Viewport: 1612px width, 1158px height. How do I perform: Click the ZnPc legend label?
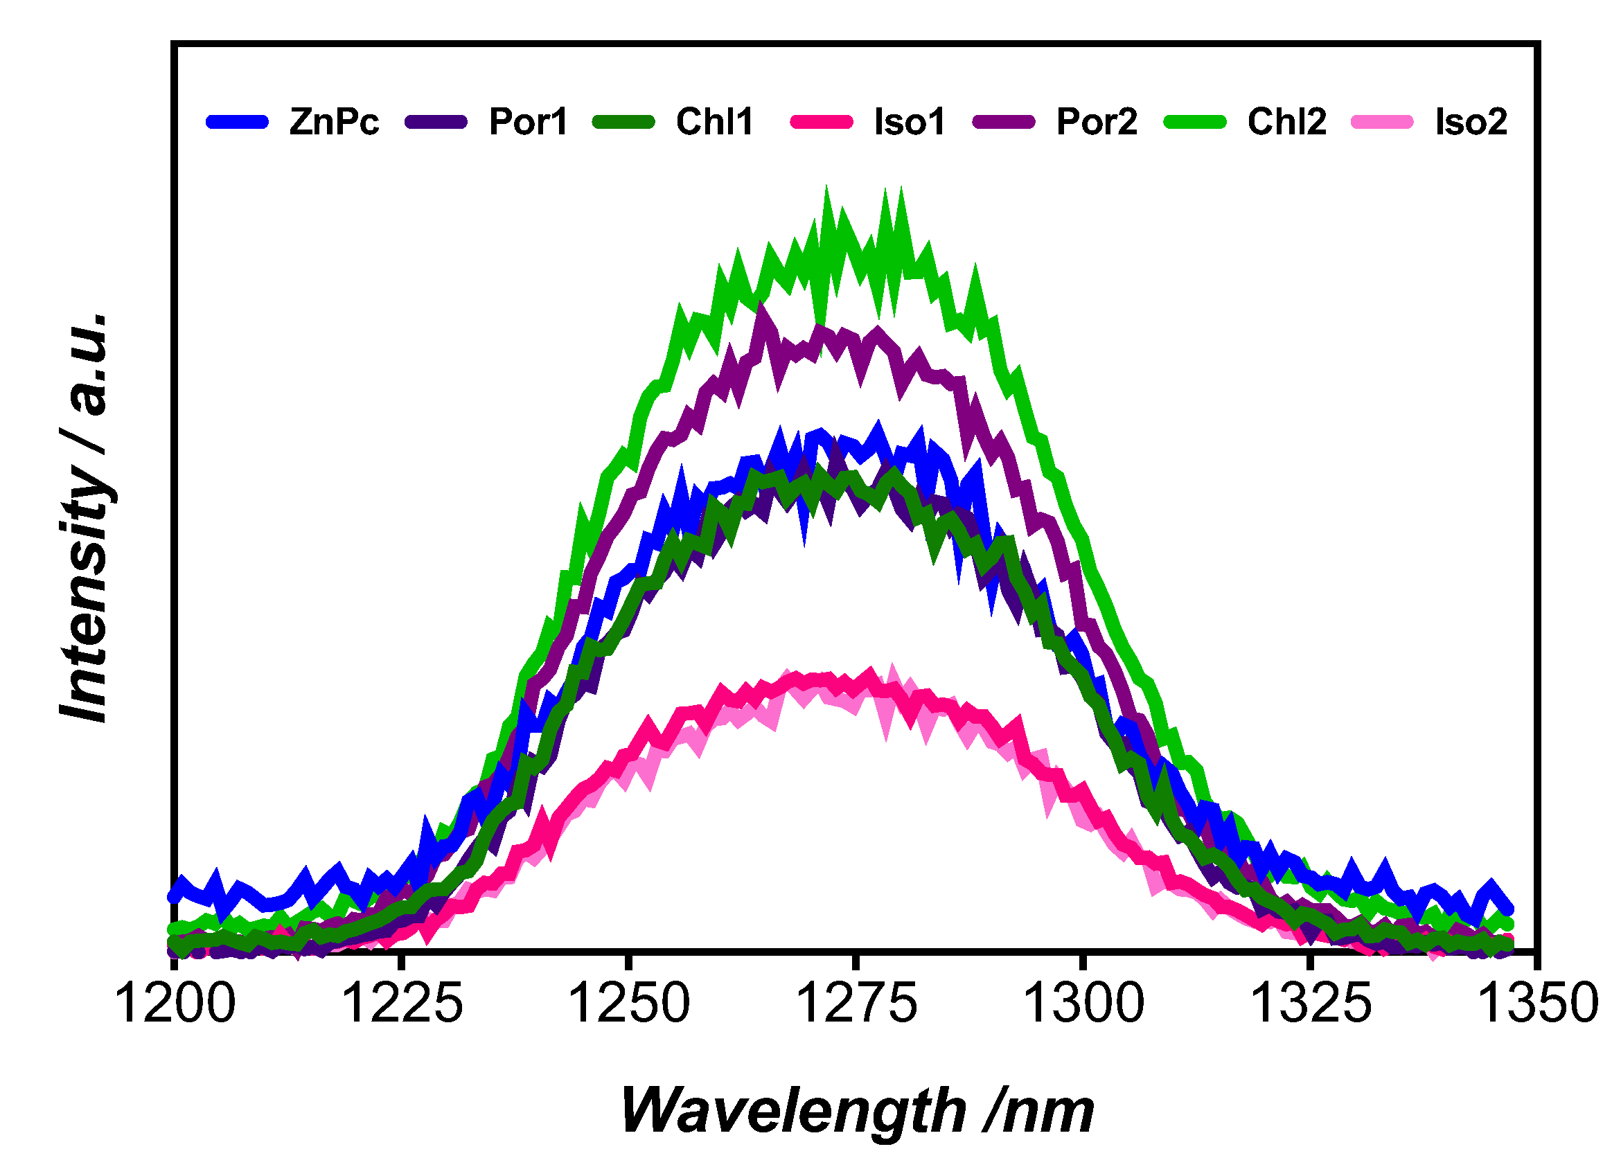(x=333, y=122)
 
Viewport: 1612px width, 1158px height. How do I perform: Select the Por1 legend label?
(x=528, y=122)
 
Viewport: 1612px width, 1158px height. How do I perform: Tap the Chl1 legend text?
(x=714, y=122)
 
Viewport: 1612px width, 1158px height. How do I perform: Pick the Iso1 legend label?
(x=909, y=122)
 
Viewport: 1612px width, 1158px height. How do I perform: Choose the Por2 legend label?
(x=1096, y=122)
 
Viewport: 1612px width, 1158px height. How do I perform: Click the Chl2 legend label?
(x=1286, y=122)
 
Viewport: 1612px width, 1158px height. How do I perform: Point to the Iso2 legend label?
(x=1471, y=122)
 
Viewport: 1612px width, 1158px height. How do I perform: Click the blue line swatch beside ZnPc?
(x=238, y=122)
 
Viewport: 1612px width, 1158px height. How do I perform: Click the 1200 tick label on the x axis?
(x=174, y=1004)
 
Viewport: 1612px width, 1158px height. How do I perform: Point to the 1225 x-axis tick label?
(x=402, y=1004)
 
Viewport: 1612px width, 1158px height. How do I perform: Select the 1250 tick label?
(x=628, y=1004)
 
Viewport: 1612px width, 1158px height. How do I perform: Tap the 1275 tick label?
(x=856, y=1004)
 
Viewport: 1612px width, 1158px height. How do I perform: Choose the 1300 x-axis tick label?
(x=1083, y=1004)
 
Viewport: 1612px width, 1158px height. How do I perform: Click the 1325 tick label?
(x=1309, y=1004)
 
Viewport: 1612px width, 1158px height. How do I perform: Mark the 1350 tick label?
(x=1536, y=1004)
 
